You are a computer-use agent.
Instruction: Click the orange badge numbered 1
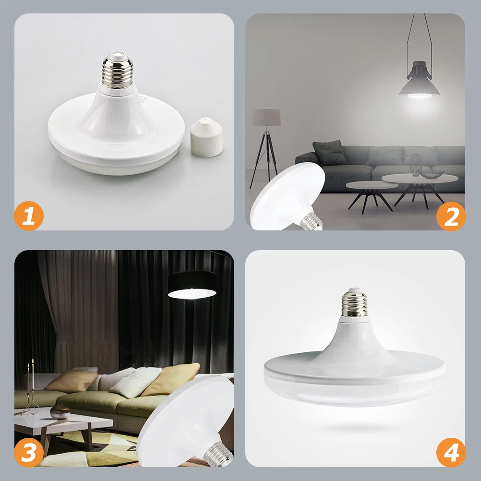point(29,216)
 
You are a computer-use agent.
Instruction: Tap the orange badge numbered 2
point(451,216)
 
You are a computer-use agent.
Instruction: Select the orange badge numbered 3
point(29,452)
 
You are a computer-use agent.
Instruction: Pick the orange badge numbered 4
point(451,452)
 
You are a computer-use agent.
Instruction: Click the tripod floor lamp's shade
point(266,117)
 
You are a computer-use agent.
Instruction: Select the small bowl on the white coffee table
point(60,412)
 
